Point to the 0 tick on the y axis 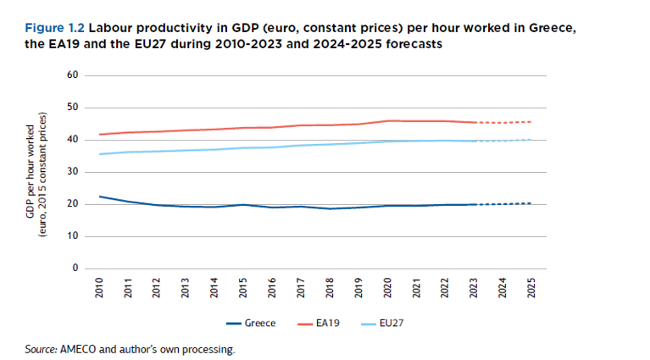coord(75,269)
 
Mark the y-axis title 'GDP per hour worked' coord(31,178)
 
